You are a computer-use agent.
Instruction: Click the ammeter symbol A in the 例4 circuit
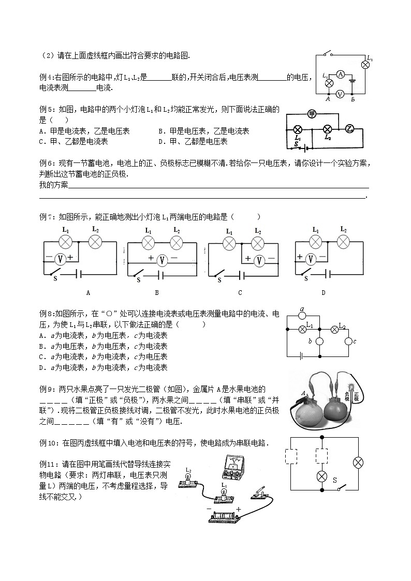pyautogui.click(x=340, y=75)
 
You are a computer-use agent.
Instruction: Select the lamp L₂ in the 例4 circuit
pyautogui.click(x=365, y=64)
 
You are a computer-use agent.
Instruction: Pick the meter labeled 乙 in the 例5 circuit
pyautogui.click(x=349, y=129)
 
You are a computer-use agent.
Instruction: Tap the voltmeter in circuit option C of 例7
pyautogui.click(x=259, y=260)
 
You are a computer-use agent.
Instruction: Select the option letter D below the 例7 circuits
pyautogui.click(x=323, y=293)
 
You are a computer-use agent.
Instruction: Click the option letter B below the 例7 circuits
pyautogui.click(x=157, y=293)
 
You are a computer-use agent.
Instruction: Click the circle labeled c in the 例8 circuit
pyautogui.click(x=348, y=341)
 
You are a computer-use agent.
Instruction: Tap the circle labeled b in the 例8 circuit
pyautogui.click(x=319, y=341)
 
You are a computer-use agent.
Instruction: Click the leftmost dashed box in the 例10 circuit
pyautogui.click(x=291, y=457)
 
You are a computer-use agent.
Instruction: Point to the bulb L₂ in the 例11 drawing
pyautogui.click(x=188, y=481)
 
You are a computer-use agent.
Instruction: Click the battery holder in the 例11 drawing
pyautogui.click(x=224, y=516)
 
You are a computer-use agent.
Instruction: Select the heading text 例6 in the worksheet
pyautogui.click(x=47, y=162)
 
